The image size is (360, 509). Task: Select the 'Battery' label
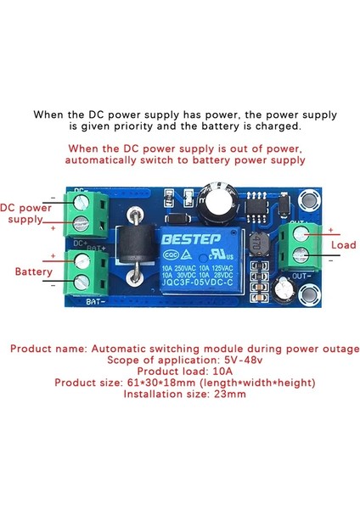pos(34,271)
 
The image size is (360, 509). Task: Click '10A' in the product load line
pos(212,371)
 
